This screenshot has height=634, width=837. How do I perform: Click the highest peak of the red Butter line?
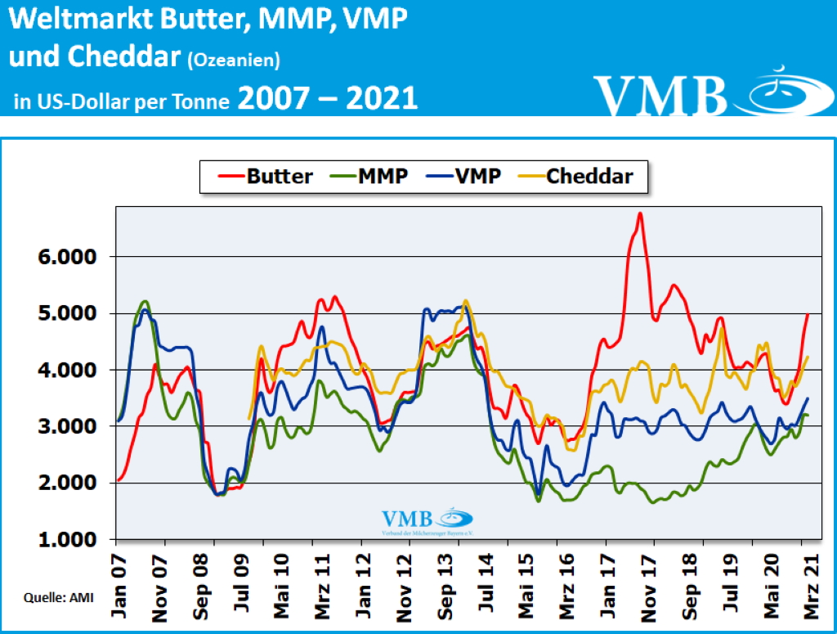pos(640,214)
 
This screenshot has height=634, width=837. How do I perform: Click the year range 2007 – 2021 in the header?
pos(328,98)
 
